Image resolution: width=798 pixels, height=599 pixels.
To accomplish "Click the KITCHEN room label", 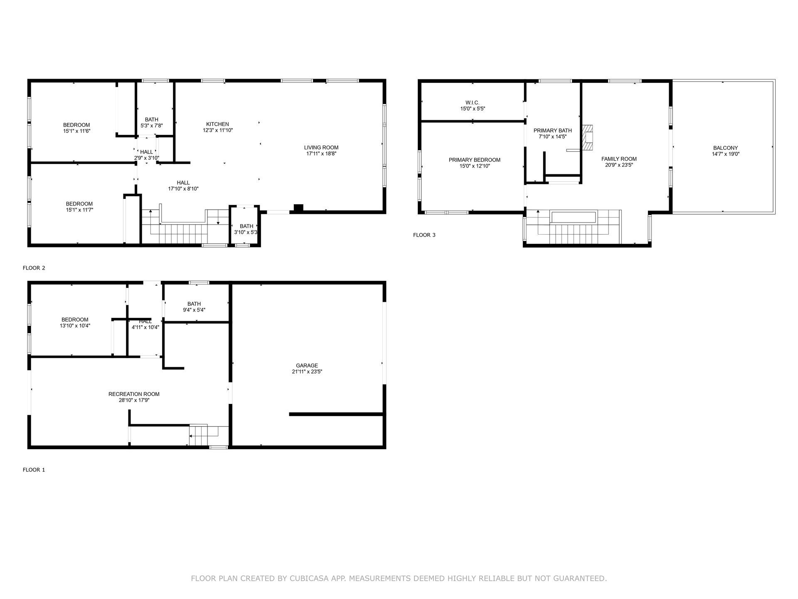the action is (x=217, y=124).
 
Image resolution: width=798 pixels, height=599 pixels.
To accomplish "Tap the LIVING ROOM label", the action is (x=321, y=147).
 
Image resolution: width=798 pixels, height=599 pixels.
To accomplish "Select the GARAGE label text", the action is (x=307, y=366).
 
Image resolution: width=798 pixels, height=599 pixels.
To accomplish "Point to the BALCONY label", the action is (x=726, y=148).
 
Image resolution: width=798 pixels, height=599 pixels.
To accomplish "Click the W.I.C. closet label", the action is (x=473, y=102).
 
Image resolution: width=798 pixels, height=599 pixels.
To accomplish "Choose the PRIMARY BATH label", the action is (x=553, y=130).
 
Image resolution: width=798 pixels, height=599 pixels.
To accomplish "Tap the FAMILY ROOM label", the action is (x=619, y=158).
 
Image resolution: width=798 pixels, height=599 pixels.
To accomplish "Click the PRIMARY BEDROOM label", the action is (x=475, y=160).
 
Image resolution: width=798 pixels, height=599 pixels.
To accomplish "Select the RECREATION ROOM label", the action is (x=134, y=394).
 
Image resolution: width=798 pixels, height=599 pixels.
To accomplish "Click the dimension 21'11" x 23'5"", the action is (x=307, y=372).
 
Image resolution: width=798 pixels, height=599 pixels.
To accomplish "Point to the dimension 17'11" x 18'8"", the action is (x=321, y=153).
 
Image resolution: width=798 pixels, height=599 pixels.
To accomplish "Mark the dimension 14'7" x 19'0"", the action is (x=726, y=154).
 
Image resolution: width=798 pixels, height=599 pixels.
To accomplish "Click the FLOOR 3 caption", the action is (x=424, y=235).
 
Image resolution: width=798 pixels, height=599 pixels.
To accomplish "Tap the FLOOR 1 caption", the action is (x=34, y=470).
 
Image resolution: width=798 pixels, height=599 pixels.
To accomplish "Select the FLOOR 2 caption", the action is (x=34, y=268).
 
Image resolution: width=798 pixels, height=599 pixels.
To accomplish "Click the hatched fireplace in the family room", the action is (x=588, y=137).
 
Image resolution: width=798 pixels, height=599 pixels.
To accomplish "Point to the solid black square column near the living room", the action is (x=298, y=208).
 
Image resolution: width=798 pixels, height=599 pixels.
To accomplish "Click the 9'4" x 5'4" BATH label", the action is (x=194, y=307).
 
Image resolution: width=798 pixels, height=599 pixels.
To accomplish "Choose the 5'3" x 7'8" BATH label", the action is (x=152, y=122).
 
